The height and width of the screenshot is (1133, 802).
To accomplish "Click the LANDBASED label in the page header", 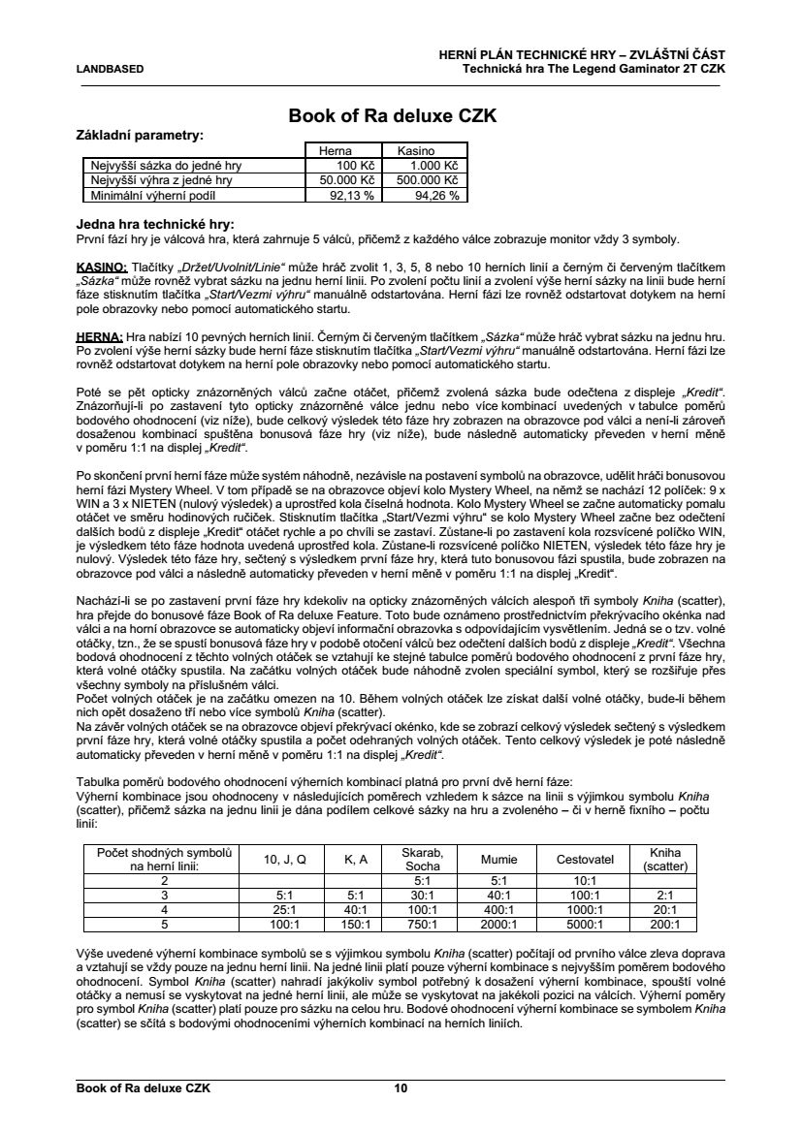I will tap(110, 69).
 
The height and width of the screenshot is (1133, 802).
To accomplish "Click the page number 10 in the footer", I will tap(401, 1088).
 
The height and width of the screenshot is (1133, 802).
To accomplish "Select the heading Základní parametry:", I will tap(140, 135).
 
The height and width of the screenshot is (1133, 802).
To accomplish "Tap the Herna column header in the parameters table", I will tap(336, 151).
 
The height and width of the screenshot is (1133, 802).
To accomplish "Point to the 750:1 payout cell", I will tap(422, 925).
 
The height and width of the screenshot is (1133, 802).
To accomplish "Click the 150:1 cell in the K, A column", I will tap(355, 925).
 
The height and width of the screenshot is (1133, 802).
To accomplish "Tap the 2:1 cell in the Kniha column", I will tap(664, 896).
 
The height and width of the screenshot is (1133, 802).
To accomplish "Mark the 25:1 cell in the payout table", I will tap(285, 910).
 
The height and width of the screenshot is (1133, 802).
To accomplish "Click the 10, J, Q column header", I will tap(285, 860).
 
